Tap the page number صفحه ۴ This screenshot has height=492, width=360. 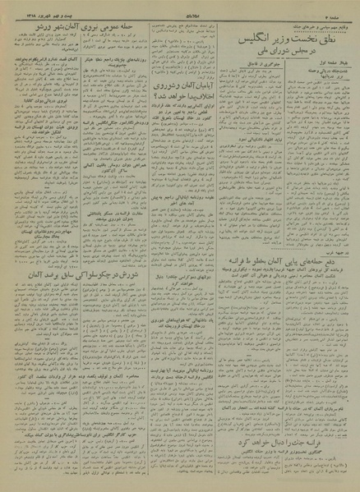(344, 7)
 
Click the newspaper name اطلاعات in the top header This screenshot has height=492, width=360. (179, 7)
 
